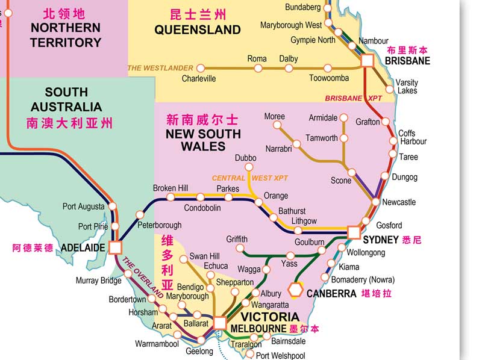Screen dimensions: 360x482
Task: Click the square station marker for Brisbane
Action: (x=368, y=61)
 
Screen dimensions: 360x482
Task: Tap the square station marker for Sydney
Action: (x=354, y=232)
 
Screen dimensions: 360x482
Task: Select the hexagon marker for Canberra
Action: (x=295, y=290)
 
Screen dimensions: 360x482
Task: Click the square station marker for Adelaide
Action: (x=115, y=247)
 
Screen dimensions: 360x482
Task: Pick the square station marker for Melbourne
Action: (x=220, y=323)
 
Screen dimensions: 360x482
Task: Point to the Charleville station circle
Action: (x=201, y=68)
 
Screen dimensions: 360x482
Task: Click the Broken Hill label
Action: (x=171, y=188)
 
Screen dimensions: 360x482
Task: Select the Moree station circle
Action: (x=277, y=125)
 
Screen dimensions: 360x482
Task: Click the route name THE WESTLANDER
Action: (x=160, y=68)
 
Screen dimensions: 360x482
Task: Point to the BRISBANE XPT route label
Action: (x=353, y=98)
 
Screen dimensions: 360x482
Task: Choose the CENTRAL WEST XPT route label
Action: (x=250, y=178)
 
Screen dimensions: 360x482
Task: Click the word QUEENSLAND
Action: (x=198, y=29)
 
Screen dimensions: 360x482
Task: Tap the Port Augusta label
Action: (x=83, y=206)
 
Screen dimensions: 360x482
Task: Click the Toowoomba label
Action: (x=329, y=78)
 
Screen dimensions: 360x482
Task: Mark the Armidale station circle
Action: (x=343, y=118)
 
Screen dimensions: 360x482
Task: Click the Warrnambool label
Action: (x=157, y=344)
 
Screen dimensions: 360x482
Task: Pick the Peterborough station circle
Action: (x=140, y=214)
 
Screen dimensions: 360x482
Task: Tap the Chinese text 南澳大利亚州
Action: (x=69, y=123)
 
